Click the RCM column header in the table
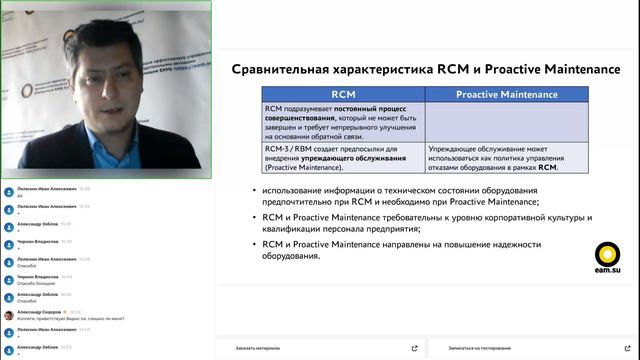click(x=341, y=93)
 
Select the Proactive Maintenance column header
click(x=506, y=93)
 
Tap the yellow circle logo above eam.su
click(x=606, y=254)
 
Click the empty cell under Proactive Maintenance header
click(x=506, y=121)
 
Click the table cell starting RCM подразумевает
click(x=341, y=121)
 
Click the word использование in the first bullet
click(x=297, y=189)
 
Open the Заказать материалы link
click(x=258, y=348)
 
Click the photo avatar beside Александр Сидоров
click(x=8, y=313)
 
